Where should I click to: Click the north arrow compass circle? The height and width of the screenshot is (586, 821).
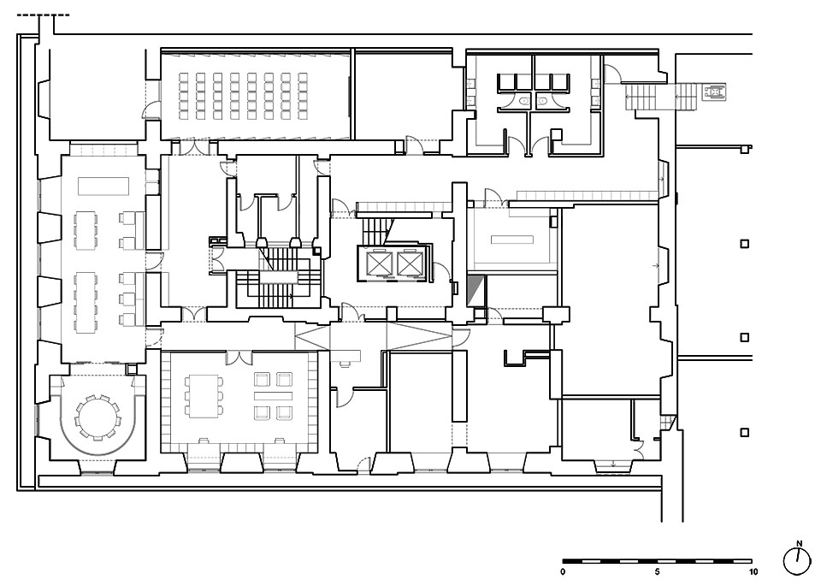pos(797,561)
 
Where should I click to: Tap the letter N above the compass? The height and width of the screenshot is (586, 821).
pos(799,543)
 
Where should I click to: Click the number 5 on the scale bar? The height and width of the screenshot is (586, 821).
pos(658,571)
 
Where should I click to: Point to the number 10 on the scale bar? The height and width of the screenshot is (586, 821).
pos(753,571)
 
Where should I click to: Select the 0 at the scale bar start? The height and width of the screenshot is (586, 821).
pos(563,571)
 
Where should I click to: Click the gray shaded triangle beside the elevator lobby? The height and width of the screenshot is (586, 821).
pos(475,291)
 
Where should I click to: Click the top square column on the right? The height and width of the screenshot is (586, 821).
pos(744,244)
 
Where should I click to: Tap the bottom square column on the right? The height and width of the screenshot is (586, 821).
pos(744,432)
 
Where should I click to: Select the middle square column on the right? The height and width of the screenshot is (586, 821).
pos(744,338)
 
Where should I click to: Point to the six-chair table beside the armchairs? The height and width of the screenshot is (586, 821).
pos(204,395)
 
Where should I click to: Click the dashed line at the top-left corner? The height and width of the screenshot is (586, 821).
pos(44,15)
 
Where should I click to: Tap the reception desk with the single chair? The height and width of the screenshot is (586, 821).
pos(346,356)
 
